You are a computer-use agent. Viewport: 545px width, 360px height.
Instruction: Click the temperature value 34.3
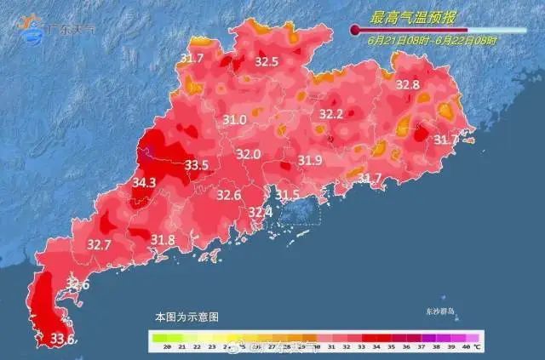pos(144,182)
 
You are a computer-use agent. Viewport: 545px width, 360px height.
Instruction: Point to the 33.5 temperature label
pos(197,165)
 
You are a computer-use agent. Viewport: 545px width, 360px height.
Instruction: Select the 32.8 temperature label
pos(408,85)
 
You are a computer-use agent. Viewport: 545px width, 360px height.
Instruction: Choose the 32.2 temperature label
pos(330,114)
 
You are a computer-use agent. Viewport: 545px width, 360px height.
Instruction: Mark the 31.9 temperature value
pos(309,161)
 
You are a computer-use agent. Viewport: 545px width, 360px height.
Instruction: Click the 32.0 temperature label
pos(248,155)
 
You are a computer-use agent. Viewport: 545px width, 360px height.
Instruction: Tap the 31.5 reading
pos(288,195)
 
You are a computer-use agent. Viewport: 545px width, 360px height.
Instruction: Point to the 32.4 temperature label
pos(260,211)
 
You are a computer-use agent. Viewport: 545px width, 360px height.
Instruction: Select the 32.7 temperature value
pos(100,245)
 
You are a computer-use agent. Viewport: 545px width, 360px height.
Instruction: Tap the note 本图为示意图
pos(186,317)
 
